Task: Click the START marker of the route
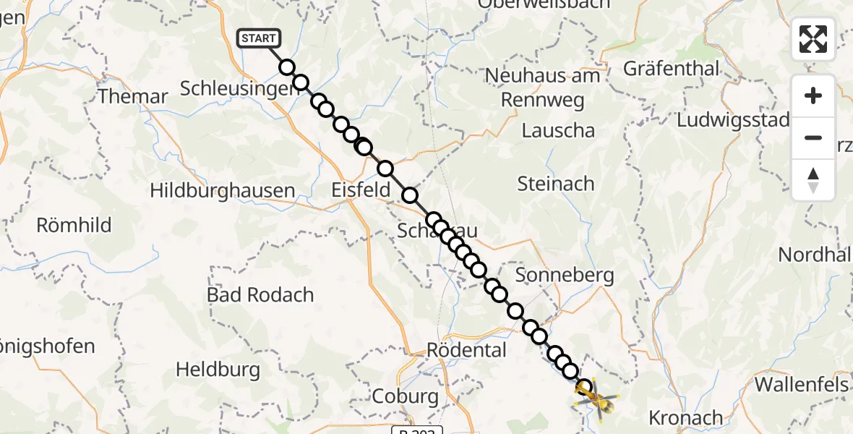[257, 38]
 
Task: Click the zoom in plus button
[813, 95]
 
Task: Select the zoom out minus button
[813, 137]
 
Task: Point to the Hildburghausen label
[223, 191]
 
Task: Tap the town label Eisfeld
[361, 191]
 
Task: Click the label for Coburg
[406, 396]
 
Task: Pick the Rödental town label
[466, 350]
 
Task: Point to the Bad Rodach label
[260, 295]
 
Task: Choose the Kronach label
[685, 417]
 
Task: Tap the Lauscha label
[558, 131]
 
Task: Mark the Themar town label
[133, 96]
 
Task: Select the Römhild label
[74, 225]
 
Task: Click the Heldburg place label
[218, 370]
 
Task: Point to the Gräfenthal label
[672, 69]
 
